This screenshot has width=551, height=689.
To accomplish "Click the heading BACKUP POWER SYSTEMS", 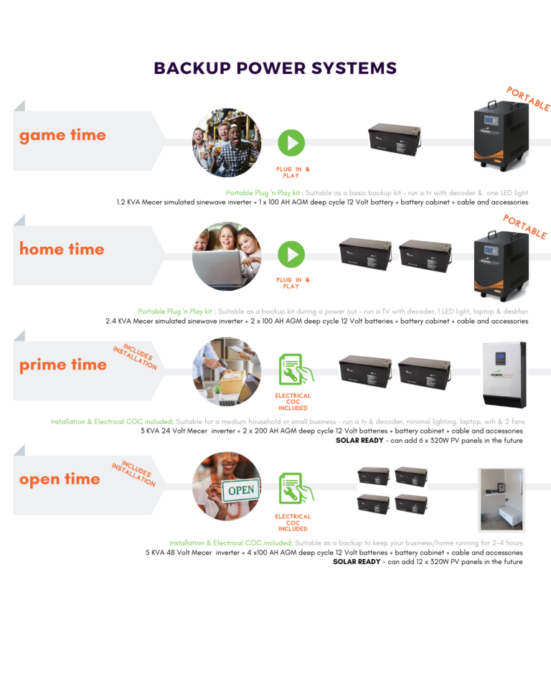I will coord(275,69).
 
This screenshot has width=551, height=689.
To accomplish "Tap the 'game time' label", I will coord(62,135).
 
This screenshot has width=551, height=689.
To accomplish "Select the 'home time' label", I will coord(62,249).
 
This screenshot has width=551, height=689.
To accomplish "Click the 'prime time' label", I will coord(63,365).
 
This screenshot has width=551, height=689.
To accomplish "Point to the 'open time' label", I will coord(60,479).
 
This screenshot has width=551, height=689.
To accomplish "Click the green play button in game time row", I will coord(291,143).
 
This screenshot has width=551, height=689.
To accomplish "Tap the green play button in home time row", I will coord(291,255).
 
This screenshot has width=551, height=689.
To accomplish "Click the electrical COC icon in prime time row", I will coord(293,370).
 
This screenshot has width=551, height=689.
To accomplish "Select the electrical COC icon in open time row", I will coord(293,490).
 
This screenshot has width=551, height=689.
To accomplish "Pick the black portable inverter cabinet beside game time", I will coord(501,137).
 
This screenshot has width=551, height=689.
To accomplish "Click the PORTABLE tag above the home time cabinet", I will coord(525,226).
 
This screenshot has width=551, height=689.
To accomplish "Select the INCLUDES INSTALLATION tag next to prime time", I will coord(135,356).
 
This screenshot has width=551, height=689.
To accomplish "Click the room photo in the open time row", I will coord(501,500).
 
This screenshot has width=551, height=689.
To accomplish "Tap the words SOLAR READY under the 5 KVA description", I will coord(357,562).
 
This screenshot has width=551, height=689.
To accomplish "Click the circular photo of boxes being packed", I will coord(227,372).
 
